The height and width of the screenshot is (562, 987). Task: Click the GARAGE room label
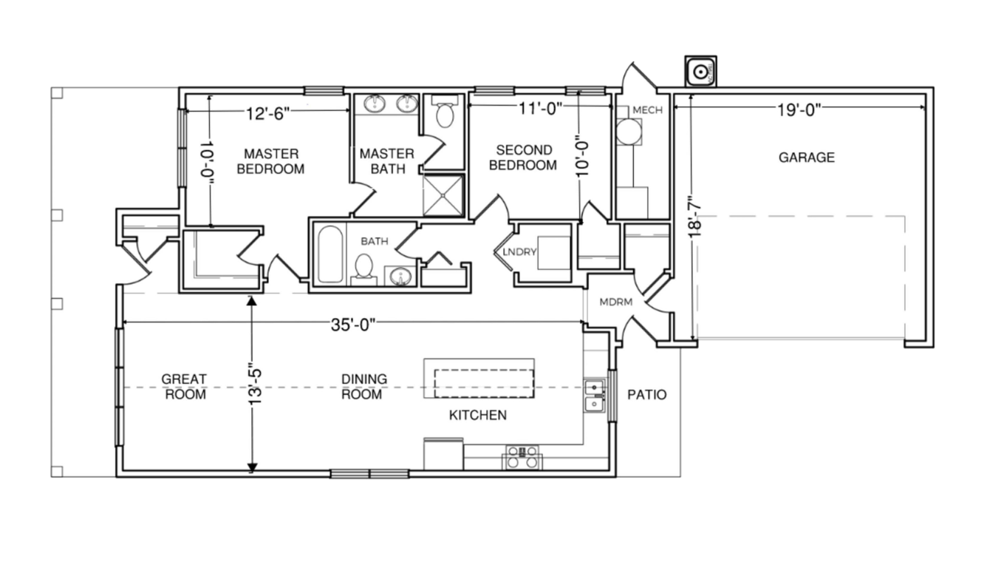click(806, 158)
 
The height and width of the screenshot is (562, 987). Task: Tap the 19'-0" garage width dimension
click(799, 110)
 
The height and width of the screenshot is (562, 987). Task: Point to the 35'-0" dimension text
click(353, 325)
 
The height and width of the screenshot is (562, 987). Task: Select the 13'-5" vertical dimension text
click(255, 383)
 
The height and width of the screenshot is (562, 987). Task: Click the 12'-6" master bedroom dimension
click(268, 114)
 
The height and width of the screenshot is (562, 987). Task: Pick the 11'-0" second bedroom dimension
click(540, 108)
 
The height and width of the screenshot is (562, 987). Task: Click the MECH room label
click(647, 110)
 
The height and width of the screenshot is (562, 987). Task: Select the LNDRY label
click(519, 252)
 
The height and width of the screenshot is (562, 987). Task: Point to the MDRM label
click(616, 302)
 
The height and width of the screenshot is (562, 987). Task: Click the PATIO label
click(647, 394)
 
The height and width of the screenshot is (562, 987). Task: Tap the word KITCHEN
click(478, 415)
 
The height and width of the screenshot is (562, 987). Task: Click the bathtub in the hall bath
click(330, 254)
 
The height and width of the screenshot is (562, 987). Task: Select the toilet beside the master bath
click(445, 111)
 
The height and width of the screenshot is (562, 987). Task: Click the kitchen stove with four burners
click(522, 458)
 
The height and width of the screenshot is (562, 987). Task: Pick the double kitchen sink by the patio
click(595, 396)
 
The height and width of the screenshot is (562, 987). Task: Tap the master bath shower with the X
click(443, 195)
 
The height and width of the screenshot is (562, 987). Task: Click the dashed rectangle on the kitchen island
click(484, 383)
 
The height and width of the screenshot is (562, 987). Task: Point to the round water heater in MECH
click(629, 132)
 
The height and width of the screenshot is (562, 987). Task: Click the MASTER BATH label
click(387, 161)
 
